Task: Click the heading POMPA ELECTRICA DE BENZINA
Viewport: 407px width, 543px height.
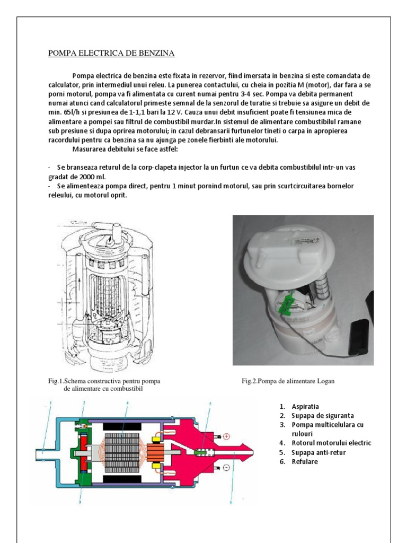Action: [x=111, y=53]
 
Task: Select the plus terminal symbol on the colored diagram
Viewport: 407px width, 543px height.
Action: [x=226, y=436]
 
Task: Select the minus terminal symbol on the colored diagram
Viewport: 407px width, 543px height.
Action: [x=226, y=468]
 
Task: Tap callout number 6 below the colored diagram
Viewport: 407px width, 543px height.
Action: [x=231, y=502]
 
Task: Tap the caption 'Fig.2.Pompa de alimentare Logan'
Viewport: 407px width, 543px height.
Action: [x=288, y=381]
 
